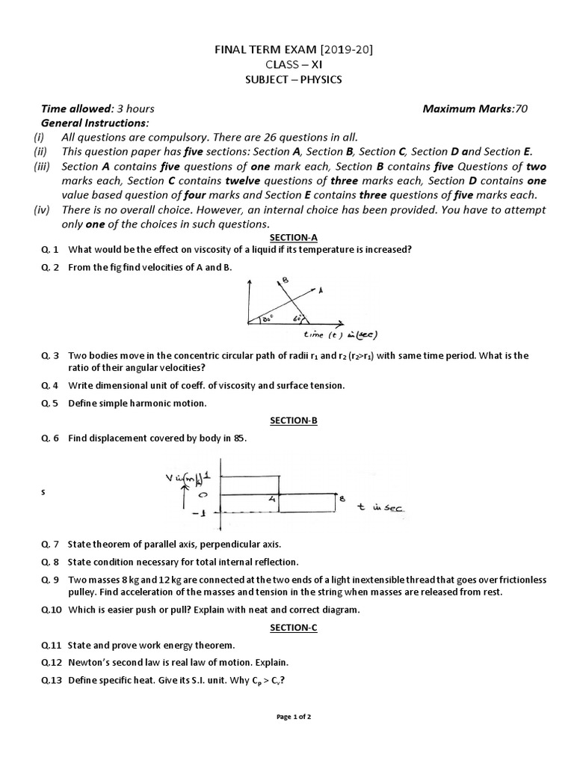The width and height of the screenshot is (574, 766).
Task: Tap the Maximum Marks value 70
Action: pyautogui.click(x=521, y=108)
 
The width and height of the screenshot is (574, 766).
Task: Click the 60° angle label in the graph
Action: pyautogui.click(x=297, y=318)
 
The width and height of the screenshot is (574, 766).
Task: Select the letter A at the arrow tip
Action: pyautogui.click(x=321, y=288)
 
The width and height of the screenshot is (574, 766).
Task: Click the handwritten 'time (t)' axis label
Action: pyautogui.click(x=327, y=334)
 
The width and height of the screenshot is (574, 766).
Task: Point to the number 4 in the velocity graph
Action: pyautogui.click(x=273, y=499)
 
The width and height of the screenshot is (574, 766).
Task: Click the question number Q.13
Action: pyautogui.click(x=50, y=680)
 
